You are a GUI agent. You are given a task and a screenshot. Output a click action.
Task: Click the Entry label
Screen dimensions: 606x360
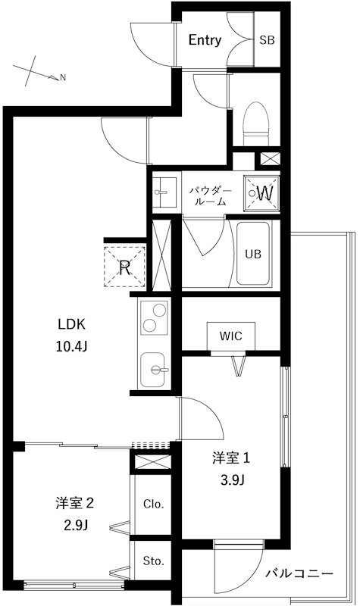pos(205,40)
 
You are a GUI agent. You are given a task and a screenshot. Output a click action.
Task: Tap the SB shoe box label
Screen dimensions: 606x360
pos(267,40)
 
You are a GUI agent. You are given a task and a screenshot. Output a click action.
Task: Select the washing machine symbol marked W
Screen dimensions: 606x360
pos(263,192)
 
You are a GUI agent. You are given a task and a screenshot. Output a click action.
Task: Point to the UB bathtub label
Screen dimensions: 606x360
pos(252,255)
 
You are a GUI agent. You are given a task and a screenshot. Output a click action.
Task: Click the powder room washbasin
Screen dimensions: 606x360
pos(163,192)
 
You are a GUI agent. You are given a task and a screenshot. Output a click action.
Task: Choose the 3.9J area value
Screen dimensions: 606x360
pos(231,479)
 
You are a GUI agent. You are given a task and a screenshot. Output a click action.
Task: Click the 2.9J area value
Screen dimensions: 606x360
pos(76,523)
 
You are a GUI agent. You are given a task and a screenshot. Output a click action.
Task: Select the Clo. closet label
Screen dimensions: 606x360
pos(153,504)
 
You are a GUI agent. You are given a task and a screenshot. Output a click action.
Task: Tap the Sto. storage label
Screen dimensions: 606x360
pos(153,561)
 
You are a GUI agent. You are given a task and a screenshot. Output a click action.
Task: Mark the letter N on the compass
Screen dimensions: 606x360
pos(63,77)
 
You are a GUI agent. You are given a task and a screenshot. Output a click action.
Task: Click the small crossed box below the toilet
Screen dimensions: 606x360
pos(269,160)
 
